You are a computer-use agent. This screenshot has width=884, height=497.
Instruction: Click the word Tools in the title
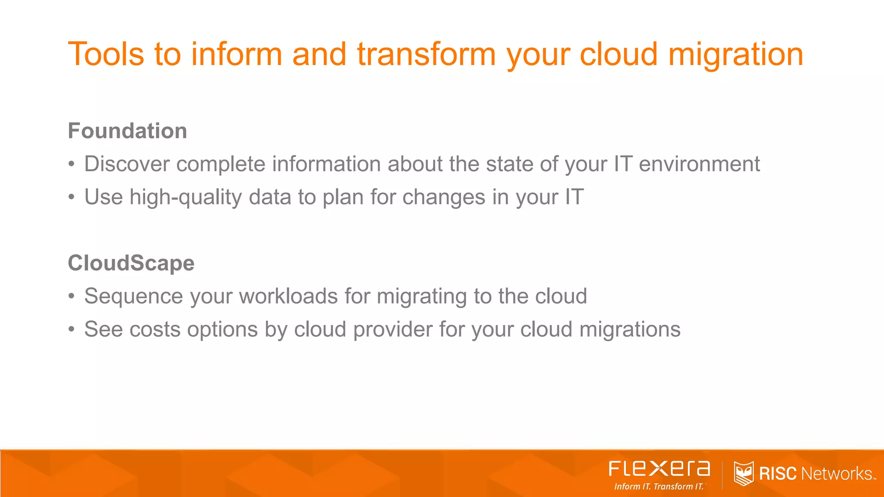point(106,54)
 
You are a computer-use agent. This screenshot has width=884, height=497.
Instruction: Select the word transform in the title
point(426,54)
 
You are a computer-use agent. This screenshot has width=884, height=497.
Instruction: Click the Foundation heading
point(127,131)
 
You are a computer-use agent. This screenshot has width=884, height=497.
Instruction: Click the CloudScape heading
point(131,263)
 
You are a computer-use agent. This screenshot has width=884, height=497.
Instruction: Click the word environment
point(699,164)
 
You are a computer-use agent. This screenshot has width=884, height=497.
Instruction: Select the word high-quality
point(186,198)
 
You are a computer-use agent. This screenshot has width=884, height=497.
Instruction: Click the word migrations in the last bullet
point(630,330)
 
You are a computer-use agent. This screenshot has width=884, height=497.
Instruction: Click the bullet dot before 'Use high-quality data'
point(72,198)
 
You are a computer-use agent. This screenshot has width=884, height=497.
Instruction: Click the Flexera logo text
point(659,469)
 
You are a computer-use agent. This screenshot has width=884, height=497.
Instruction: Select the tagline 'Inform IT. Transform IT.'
point(659,487)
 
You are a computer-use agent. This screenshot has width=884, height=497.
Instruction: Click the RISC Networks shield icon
point(743,473)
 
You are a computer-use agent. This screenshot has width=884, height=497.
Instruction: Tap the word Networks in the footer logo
point(836,474)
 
